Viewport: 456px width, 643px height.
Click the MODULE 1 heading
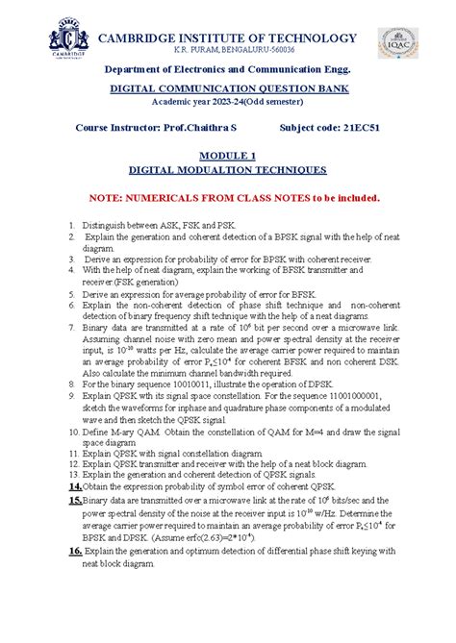228,154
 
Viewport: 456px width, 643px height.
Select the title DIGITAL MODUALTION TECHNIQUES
228,169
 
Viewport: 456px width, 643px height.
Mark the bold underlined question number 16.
73,551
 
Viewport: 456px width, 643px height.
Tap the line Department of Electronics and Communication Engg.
228,69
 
